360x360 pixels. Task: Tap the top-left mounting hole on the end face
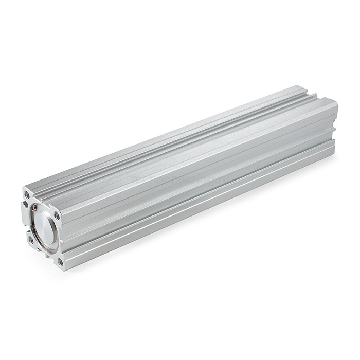[27, 195]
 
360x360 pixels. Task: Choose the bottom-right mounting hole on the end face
[61, 262]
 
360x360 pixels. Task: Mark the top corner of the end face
[26, 188]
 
